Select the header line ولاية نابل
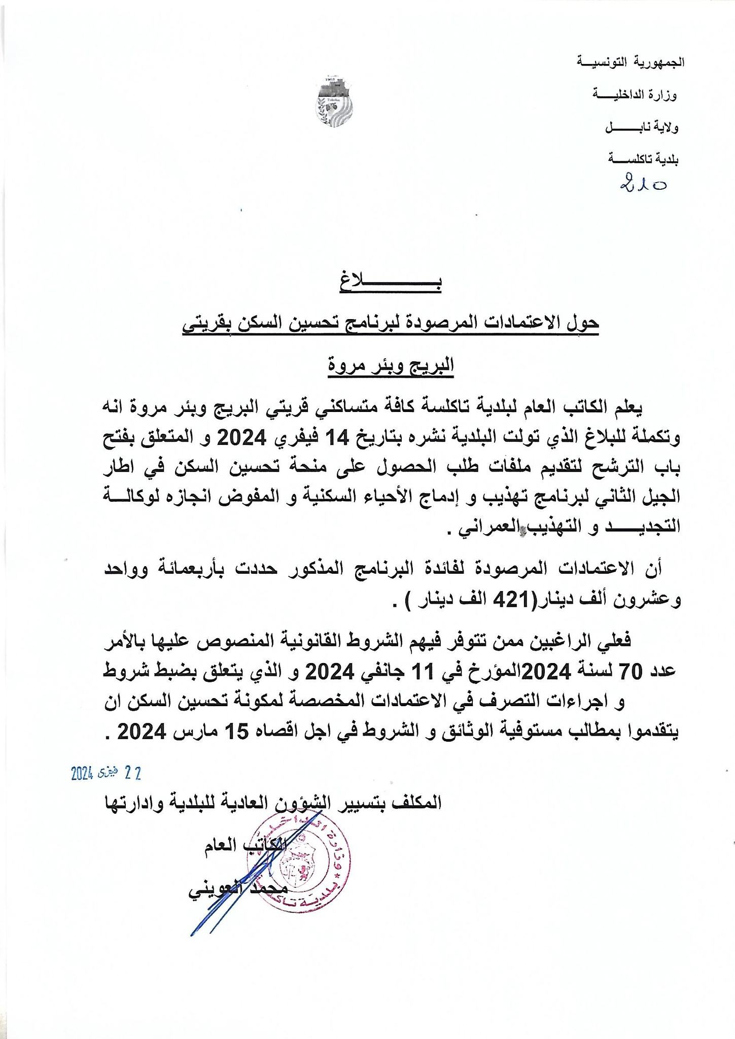coord(642,127)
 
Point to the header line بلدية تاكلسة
coord(643,160)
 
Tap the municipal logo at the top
coord(334,102)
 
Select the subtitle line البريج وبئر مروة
coord(391,365)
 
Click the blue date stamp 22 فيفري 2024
coord(106,773)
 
